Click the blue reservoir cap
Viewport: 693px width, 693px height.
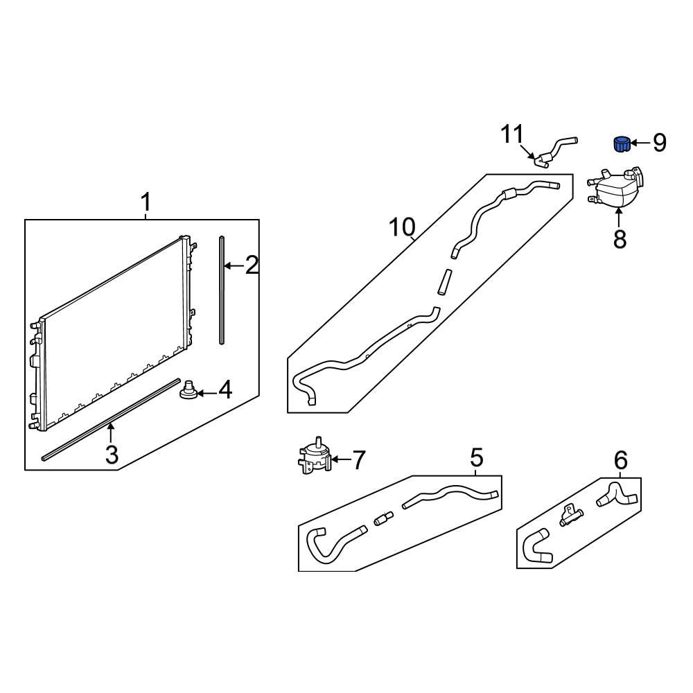pos(622,143)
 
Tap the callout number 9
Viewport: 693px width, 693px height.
pos(660,143)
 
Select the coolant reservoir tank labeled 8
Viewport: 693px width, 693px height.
pos(615,187)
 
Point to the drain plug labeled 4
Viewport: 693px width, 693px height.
pos(188,389)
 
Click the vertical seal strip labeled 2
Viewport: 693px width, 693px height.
pos(222,290)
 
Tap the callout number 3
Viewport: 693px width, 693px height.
pos(112,455)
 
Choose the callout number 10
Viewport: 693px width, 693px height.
pos(402,227)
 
